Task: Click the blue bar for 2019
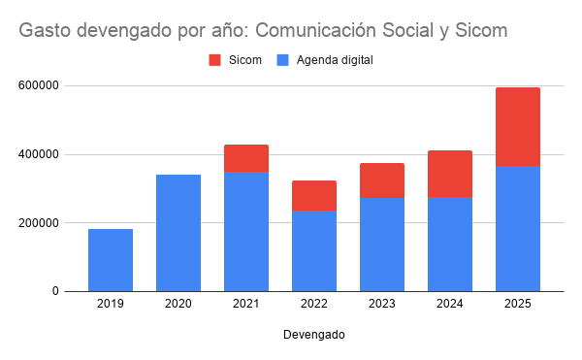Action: pyautogui.click(x=111, y=260)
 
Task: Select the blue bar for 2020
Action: pyautogui.click(x=178, y=233)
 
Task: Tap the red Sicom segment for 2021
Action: pyautogui.click(x=246, y=158)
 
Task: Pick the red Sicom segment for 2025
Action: pyautogui.click(x=518, y=126)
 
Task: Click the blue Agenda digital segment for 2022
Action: pyautogui.click(x=314, y=251)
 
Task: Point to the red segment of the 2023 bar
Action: pyautogui.click(x=382, y=180)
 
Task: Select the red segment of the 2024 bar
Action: pyautogui.click(x=450, y=174)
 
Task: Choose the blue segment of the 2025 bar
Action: pyautogui.click(x=518, y=229)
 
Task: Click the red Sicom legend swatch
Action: pyautogui.click(x=215, y=60)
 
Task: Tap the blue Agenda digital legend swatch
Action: pyautogui.click(x=283, y=60)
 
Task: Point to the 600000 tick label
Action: pyautogui.click(x=39, y=85)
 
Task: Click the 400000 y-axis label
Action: pyautogui.click(x=39, y=154)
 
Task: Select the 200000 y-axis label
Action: pyautogui.click(x=39, y=222)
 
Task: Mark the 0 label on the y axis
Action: pyautogui.click(x=55, y=291)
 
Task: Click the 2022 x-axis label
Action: pyautogui.click(x=314, y=304)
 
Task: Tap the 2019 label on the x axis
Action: pyautogui.click(x=111, y=304)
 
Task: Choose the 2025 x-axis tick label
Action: pyautogui.click(x=518, y=304)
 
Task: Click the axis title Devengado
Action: pyautogui.click(x=314, y=335)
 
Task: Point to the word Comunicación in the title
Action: pyautogui.click(x=316, y=30)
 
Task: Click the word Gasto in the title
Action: pyautogui.click(x=45, y=30)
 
